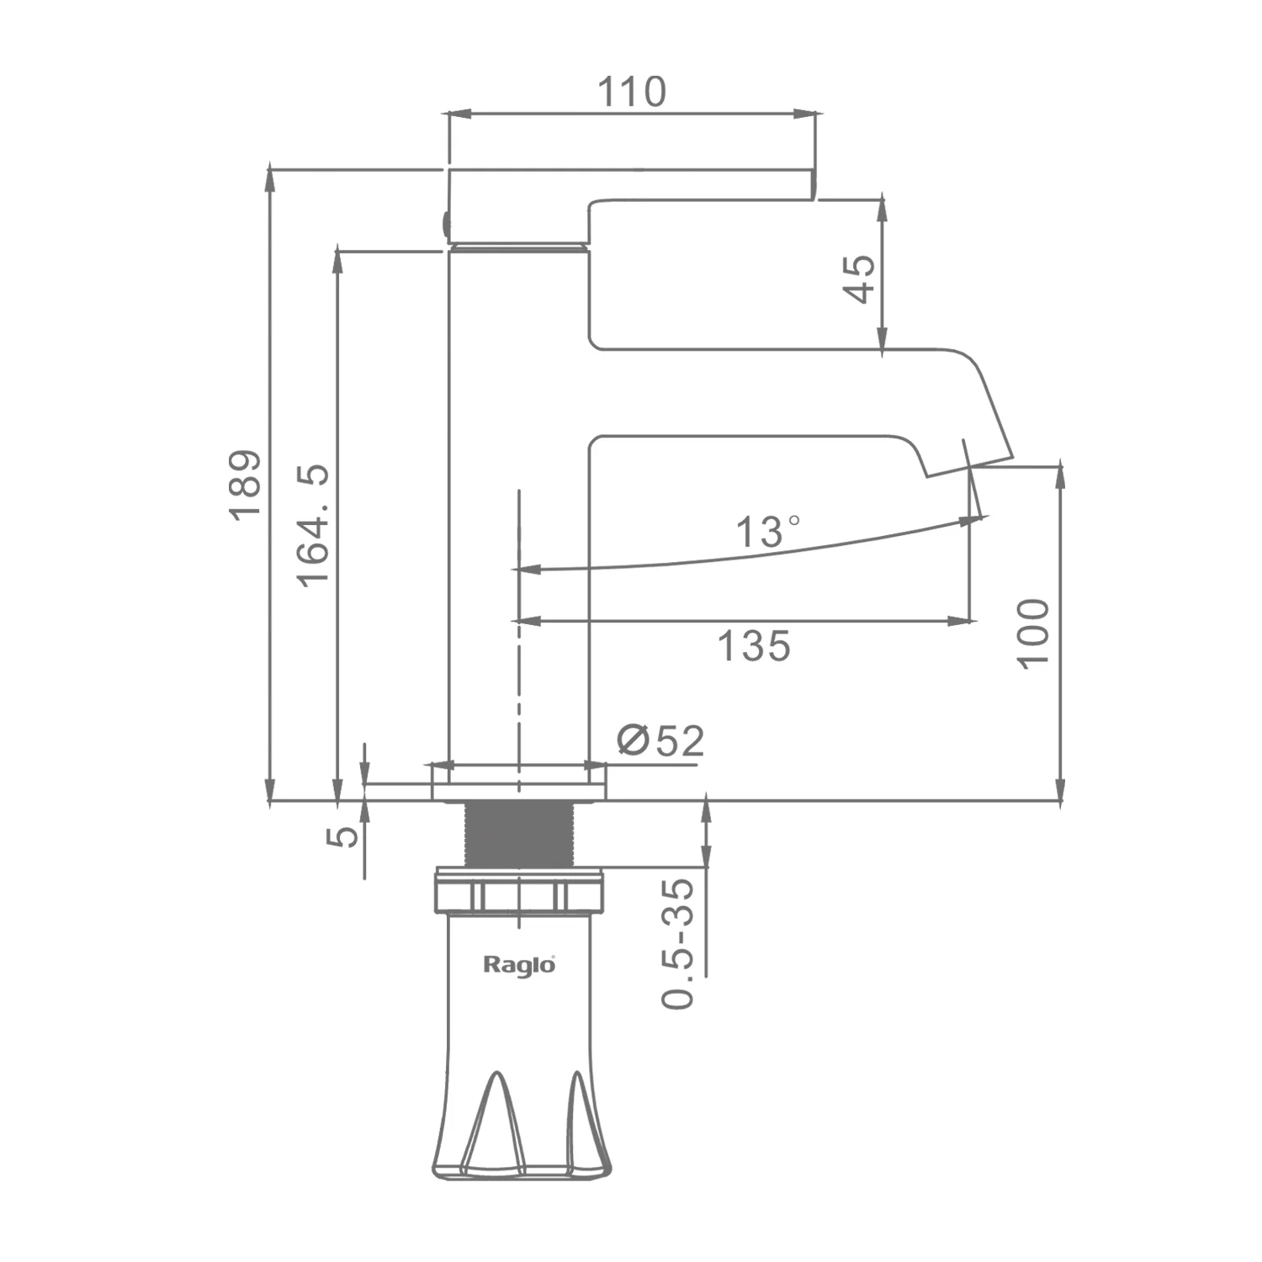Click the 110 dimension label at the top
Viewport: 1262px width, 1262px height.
[631, 91]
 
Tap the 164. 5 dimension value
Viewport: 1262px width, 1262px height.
[314, 525]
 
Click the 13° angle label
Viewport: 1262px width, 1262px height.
[768, 532]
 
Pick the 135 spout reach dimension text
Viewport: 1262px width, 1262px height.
[754, 646]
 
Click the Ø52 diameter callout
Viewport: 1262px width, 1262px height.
[660, 740]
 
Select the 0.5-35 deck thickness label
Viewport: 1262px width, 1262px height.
[678, 943]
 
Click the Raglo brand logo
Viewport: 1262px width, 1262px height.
[519, 964]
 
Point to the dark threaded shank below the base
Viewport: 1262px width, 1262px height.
[519, 833]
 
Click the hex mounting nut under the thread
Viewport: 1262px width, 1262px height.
[519, 891]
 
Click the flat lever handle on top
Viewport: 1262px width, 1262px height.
[631, 184]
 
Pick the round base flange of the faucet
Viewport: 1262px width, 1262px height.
[519, 783]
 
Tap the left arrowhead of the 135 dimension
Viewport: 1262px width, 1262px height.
[527, 622]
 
